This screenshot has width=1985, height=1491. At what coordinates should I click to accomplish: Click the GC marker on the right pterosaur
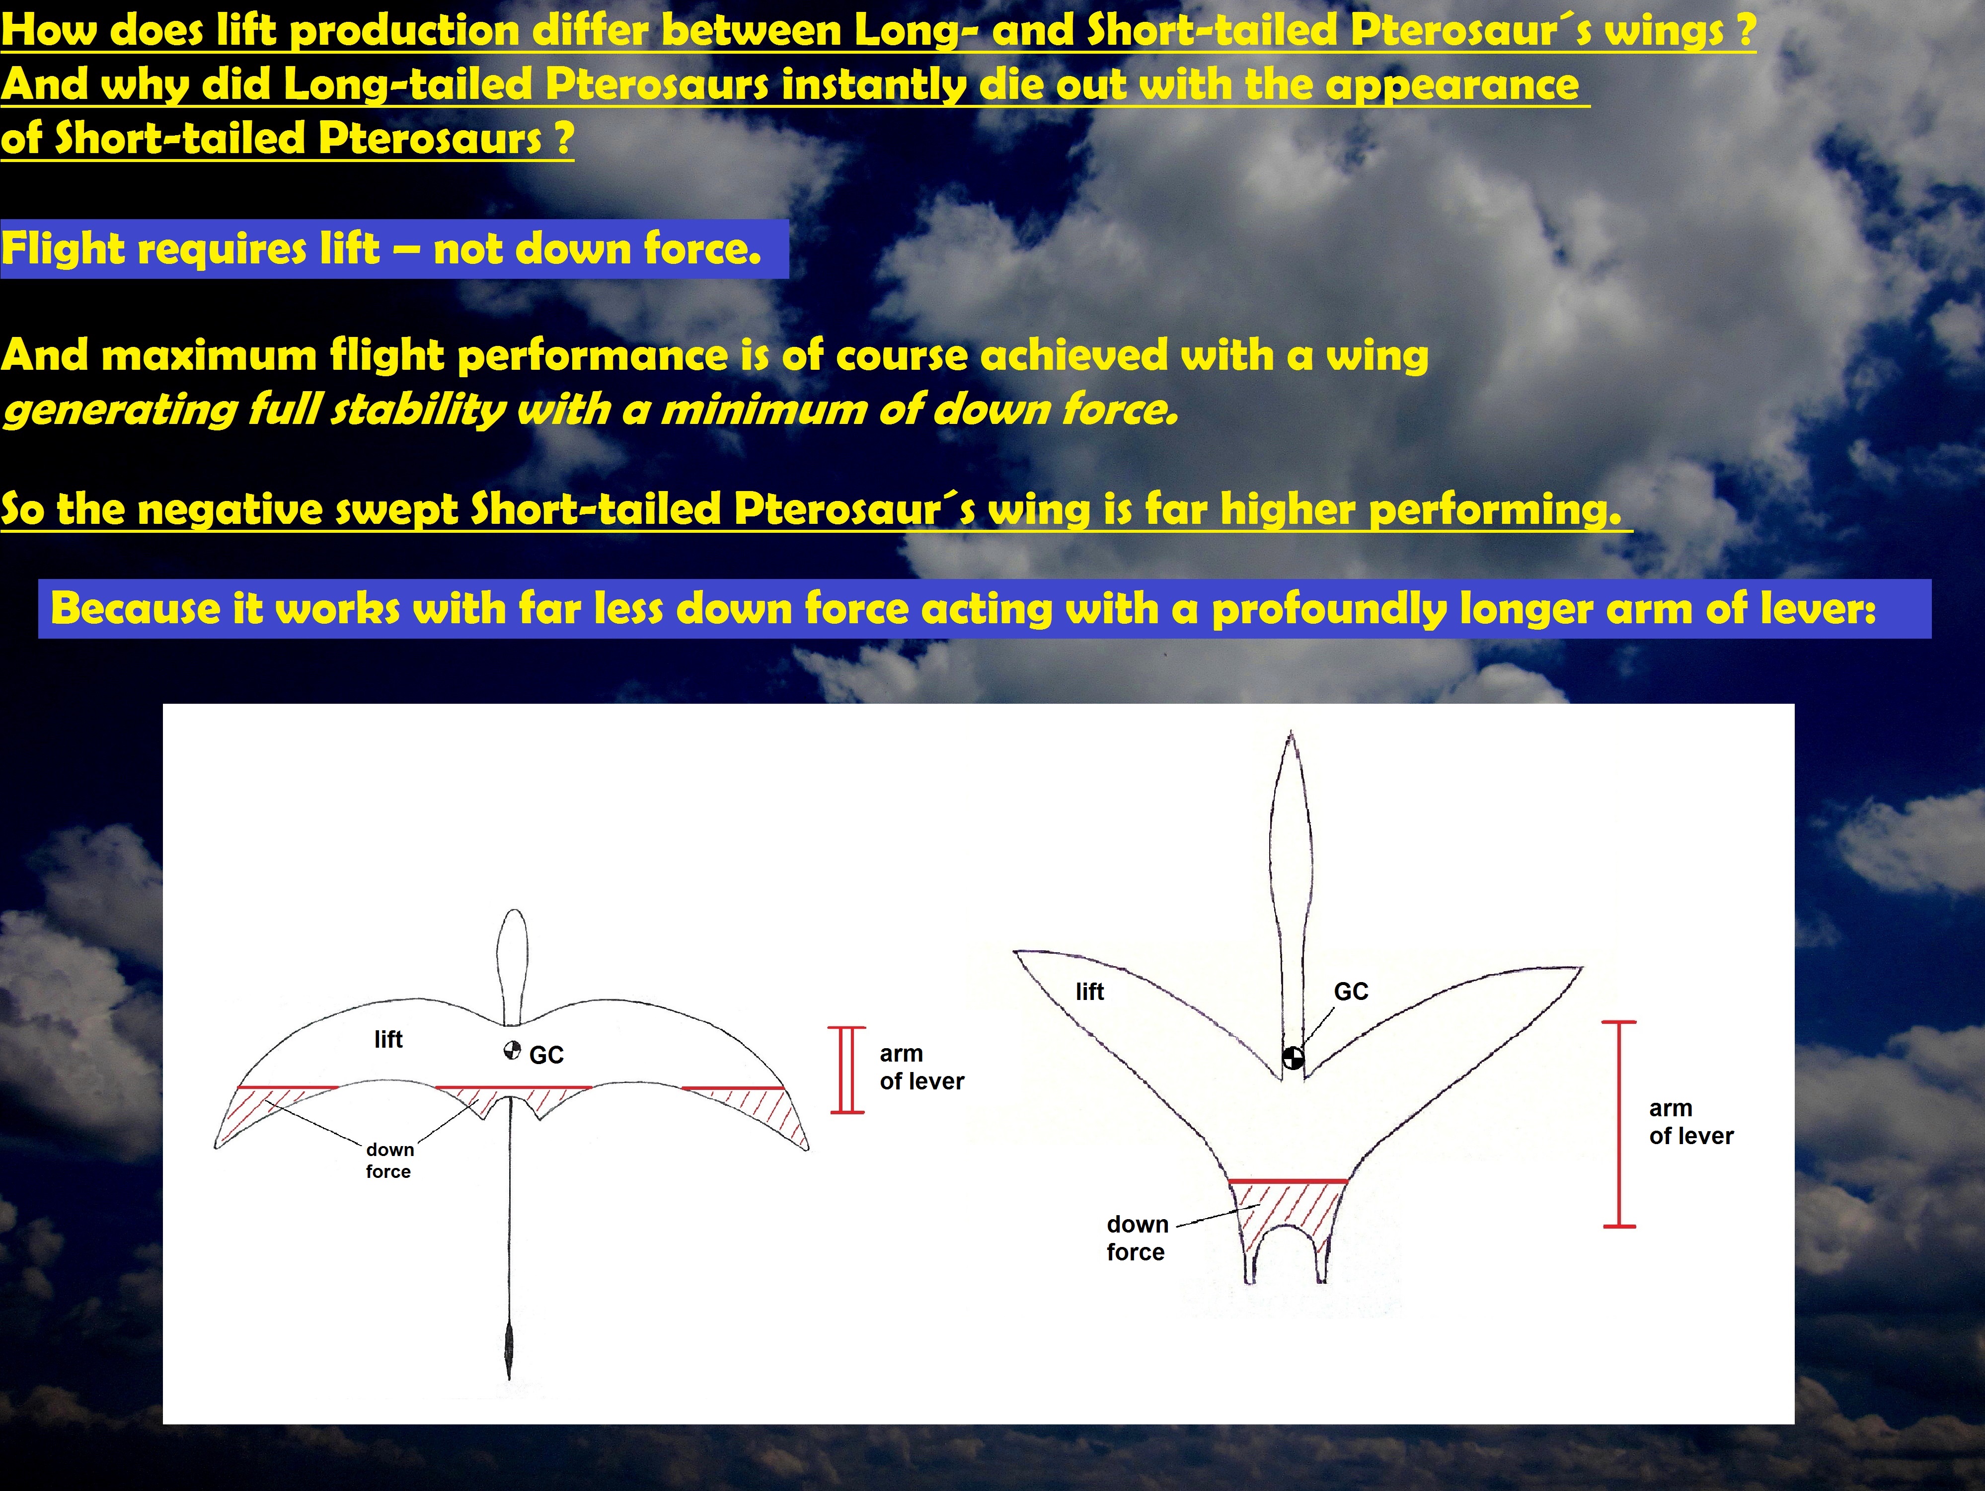click(1292, 1058)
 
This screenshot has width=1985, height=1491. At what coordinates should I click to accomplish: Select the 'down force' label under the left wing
click(389, 1160)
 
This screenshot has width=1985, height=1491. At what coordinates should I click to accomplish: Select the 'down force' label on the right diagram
click(1137, 1238)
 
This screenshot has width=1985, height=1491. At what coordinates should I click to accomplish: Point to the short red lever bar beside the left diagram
click(847, 1070)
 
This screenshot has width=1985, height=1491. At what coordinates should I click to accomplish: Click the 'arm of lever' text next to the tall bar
click(1690, 1122)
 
